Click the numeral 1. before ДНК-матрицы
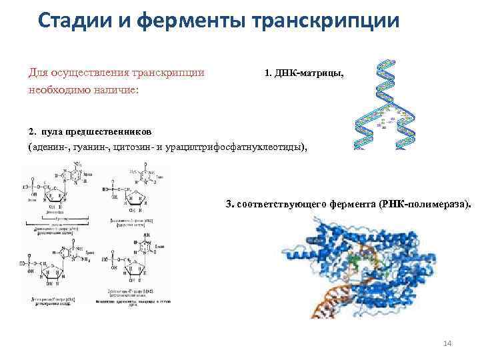268,72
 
